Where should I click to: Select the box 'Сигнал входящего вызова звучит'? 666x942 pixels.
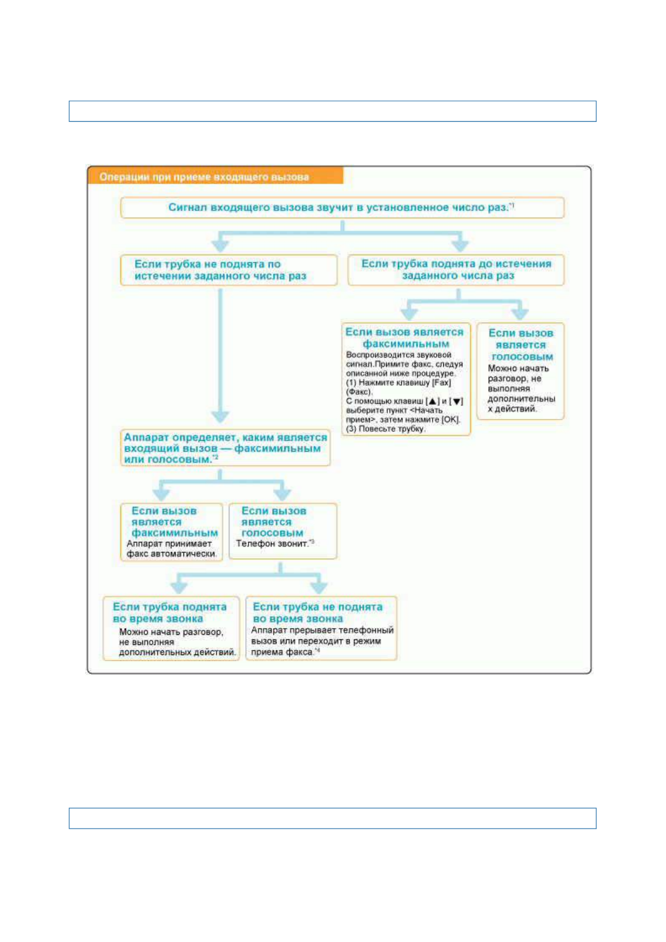click(342, 208)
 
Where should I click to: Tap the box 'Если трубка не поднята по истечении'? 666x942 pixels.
click(228, 270)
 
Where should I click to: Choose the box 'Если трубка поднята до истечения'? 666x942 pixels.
click(456, 270)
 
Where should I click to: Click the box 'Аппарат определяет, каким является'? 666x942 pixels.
click(225, 448)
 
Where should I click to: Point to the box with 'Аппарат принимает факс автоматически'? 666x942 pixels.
click(171, 531)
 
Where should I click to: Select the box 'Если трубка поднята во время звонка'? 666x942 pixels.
click(171, 628)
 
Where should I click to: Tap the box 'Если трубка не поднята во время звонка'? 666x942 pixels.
click(321, 628)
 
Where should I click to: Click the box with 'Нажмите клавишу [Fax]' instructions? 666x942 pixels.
click(406, 379)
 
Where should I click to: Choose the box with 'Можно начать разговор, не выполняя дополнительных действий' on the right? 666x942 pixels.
click(520, 371)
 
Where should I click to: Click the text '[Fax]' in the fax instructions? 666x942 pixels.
click(441, 383)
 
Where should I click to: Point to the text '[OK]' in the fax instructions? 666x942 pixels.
click(451, 420)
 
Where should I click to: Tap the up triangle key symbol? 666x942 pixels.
click(432, 402)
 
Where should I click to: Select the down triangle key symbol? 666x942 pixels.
click(457, 402)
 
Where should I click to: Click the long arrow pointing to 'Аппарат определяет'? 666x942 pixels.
click(220, 358)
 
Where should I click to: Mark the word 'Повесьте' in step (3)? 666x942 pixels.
click(374, 429)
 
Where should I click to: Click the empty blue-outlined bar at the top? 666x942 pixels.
click(332, 111)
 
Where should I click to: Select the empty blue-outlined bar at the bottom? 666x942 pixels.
click(332, 818)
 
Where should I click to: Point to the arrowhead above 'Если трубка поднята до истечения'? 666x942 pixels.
click(460, 245)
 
